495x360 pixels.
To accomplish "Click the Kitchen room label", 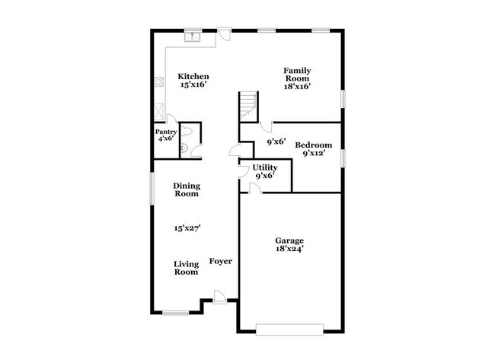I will [x=193, y=77].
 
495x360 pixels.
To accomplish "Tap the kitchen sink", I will [x=193, y=36].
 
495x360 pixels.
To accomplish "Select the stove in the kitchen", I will [x=158, y=81].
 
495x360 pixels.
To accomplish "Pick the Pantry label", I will [x=167, y=130].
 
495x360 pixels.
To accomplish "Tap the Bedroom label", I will [x=314, y=145].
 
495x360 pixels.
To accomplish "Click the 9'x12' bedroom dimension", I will [x=314, y=153].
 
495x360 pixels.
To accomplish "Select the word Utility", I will [x=265, y=167].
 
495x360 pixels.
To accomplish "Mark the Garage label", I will [x=289, y=240].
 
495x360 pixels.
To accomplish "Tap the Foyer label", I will [x=221, y=262].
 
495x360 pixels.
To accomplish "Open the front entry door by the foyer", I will [x=219, y=298].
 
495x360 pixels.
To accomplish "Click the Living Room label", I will [x=186, y=269].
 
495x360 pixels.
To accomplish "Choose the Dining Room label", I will [x=186, y=190].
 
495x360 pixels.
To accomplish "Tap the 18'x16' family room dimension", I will [x=298, y=86].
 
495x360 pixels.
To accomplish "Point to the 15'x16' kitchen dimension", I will [x=193, y=86].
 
